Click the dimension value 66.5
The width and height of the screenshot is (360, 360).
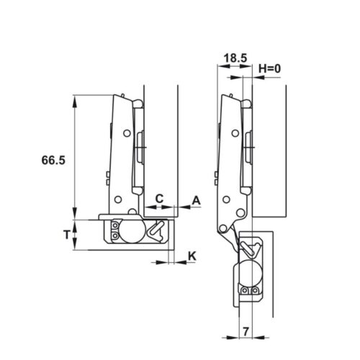tap(53, 162)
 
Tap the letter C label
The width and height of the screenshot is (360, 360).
tap(160, 197)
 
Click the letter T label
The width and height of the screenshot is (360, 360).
tap(66, 234)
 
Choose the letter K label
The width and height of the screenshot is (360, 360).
tap(192, 256)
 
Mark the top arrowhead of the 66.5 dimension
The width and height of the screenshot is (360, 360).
tap(74, 99)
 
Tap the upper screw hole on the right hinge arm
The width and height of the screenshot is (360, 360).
tap(233, 133)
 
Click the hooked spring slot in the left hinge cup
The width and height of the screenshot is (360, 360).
tap(158, 230)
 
